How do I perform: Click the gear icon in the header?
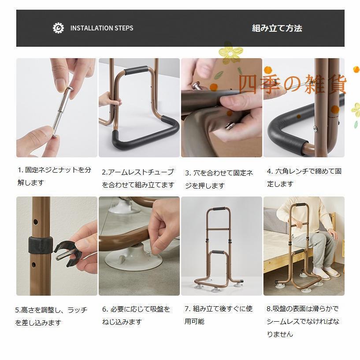58,28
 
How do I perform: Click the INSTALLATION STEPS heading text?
101,28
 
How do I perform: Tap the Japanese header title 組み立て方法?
277,28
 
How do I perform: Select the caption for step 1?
55,176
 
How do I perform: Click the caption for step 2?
138,178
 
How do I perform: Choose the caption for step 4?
304,177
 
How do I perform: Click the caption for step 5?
52,316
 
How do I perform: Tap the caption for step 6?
136,315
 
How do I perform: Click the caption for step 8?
303,321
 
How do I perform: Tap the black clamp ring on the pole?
41,245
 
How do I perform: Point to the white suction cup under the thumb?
132,262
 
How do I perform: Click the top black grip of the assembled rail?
219,210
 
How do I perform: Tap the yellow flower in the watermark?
230,53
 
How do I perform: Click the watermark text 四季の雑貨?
293,85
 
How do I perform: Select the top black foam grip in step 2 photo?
135,71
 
